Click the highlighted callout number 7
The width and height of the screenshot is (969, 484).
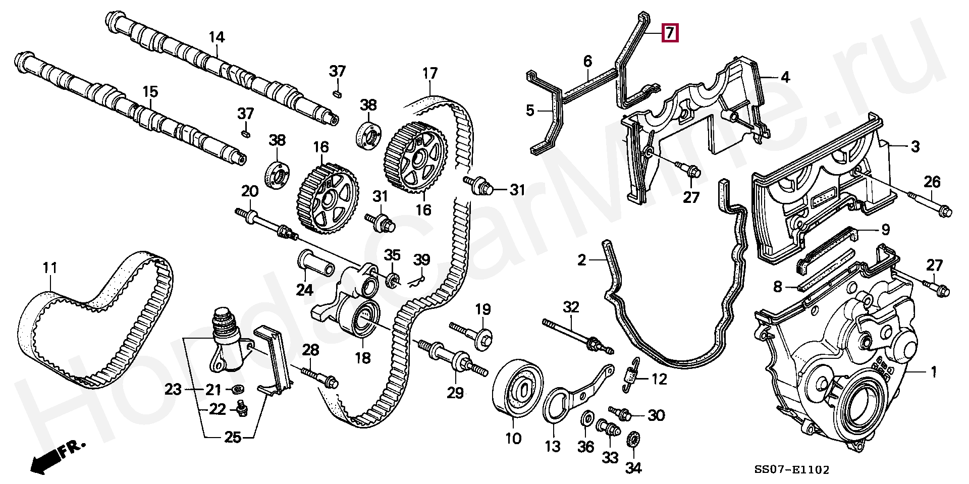(x=669, y=33)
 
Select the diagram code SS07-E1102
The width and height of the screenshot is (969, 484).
(x=791, y=470)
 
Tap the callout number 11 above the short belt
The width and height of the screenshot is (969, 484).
(x=49, y=267)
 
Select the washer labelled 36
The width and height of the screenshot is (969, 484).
(x=587, y=419)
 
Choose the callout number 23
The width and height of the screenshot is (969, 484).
(x=173, y=389)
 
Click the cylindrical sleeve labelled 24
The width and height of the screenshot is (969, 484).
(x=317, y=263)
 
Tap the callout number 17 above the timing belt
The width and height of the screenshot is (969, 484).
(x=429, y=74)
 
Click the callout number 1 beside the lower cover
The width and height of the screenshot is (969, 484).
(x=933, y=372)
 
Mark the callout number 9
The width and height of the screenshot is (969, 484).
(x=885, y=231)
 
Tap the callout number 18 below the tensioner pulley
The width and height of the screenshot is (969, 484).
(x=362, y=358)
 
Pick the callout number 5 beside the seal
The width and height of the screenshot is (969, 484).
(x=529, y=110)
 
